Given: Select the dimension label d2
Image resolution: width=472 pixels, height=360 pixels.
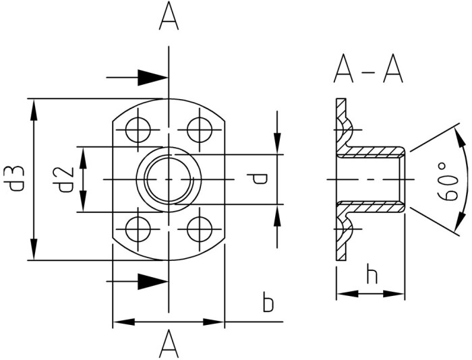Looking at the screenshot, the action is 65,180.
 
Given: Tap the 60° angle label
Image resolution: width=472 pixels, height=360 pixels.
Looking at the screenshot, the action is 448,181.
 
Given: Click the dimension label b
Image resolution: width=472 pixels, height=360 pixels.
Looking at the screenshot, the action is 268,302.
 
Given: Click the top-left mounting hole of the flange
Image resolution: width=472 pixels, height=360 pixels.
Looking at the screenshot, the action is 138,130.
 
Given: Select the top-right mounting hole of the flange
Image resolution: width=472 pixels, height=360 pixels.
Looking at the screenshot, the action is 199,130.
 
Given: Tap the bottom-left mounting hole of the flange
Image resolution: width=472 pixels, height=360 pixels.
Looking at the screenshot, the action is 138,229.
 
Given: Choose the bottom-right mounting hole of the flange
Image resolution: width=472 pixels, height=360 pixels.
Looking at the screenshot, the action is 199,229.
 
